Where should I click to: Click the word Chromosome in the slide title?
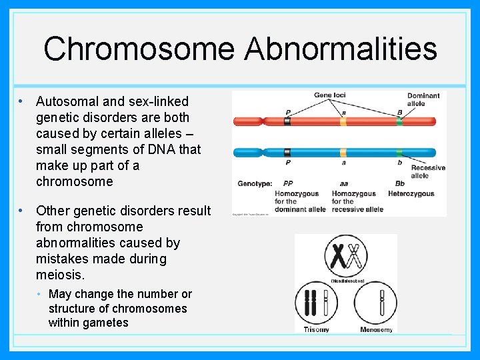click(139, 49)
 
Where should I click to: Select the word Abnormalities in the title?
click(341, 49)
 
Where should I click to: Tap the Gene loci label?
click(329, 95)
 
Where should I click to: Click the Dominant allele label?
click(423, 99)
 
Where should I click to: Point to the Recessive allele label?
click(428, 172)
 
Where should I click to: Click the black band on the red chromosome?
click(287, 122)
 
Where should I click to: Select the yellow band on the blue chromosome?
click(343, 153)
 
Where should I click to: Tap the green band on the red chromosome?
click(399, 122)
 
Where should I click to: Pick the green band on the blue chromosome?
click(399, 153)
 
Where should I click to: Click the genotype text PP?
click(287, 183)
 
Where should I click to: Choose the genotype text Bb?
click(400, 183)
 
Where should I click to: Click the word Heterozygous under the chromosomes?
click(411, 194)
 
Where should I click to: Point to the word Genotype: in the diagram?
click(255, 183)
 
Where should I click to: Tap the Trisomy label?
click(317, 329)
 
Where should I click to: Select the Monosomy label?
click(376, 329)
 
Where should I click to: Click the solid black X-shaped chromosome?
click(338, 255)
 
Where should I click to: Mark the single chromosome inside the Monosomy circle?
click(382, 303)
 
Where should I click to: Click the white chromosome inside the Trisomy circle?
click(326, 303)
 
